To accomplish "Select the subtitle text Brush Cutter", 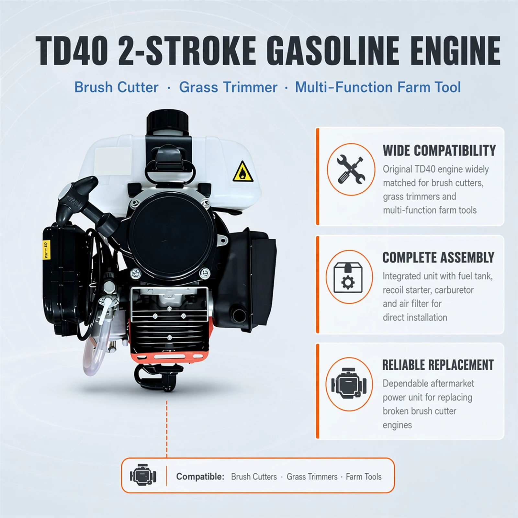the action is tap(117, 87).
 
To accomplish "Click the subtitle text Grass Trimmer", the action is tap(228, 87).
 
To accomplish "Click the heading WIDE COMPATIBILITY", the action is tap(439, 151).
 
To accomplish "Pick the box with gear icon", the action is tap(348, 277).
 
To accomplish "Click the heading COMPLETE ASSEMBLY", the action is tap(438, 258).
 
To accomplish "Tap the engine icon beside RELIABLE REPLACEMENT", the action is tap(349, 384).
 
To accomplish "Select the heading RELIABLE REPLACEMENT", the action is tap(438, 365).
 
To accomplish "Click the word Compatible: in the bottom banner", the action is tap(200, 477).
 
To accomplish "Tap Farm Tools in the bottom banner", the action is tap(364, 477).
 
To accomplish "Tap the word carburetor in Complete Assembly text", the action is tap(454, 290).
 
